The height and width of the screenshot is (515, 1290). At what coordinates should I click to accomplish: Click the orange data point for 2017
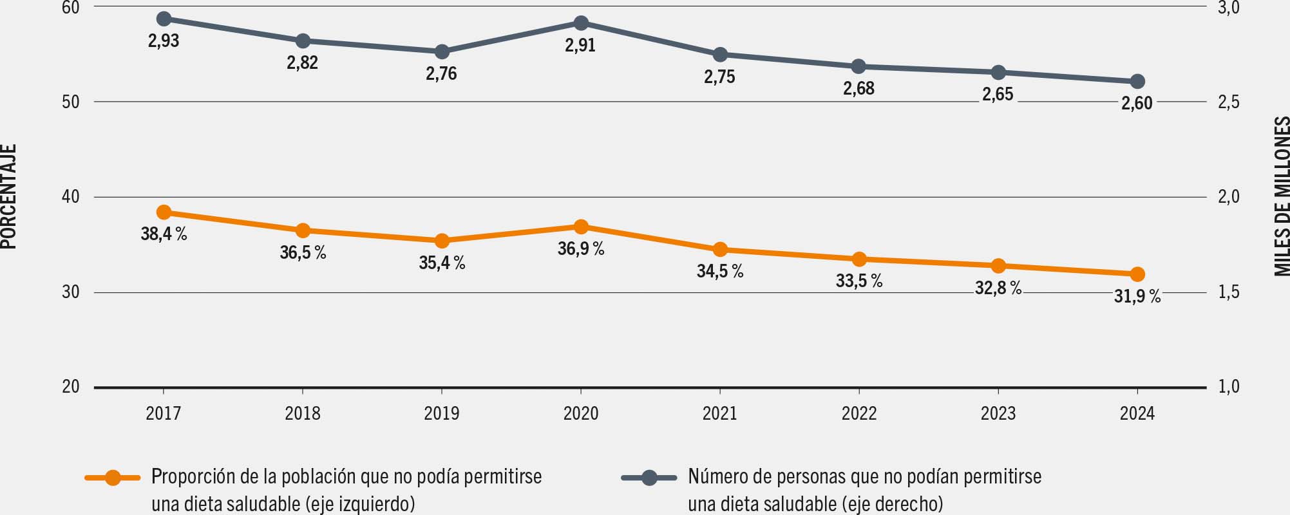pyautogui.click(x=164, y=212)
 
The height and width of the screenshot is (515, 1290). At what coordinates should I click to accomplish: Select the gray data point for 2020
pyautogui.click(x=581, y=23)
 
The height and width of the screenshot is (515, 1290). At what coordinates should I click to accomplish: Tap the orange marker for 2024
pyautogui.click(x=1137, y=274)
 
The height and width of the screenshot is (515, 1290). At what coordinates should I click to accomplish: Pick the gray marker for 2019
pyautogui.click(x=442, y=51)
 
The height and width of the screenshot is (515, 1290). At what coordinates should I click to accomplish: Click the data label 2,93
pyautogui.click(x=164, y=41)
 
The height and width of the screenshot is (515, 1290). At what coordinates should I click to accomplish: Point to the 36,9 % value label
pyautogui.click(x=581, y=248)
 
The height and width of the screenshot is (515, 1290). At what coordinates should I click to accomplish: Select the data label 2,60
pyautogui.click(x=1137, y=103)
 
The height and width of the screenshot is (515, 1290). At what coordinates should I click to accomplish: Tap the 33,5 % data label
pyautogui.click(x=859, y=281)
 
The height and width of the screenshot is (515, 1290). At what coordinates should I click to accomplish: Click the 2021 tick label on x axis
pyautogui.click(x=720, y=413)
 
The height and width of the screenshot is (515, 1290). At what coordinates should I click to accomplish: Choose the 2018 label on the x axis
pyautogui.click(x=303, y=413)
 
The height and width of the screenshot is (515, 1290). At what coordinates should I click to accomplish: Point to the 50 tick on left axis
pyautogui.click(x=71, y=102)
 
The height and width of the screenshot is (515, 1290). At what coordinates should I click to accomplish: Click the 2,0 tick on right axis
pyautogui.click(x=1229, y=197)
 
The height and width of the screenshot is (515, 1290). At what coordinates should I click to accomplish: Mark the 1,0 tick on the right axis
pyautogui.click(x=1229, y=387)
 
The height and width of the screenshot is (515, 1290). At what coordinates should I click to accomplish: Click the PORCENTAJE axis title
pyautogui.click(x=9, y=196)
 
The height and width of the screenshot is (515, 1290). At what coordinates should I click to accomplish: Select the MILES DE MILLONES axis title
pyautogui.click(x=1282, y=196)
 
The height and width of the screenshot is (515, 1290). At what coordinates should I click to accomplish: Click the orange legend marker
pyautogui.click(x=113, y=478)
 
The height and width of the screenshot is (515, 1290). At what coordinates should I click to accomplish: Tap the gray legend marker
pyautogui.click(x=649, y=478)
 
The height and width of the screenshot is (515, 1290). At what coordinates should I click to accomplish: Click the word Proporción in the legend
pyautogui.click(x=187, y=477)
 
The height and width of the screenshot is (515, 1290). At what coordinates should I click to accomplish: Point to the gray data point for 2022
pyautogui.click(x=859, y=66)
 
